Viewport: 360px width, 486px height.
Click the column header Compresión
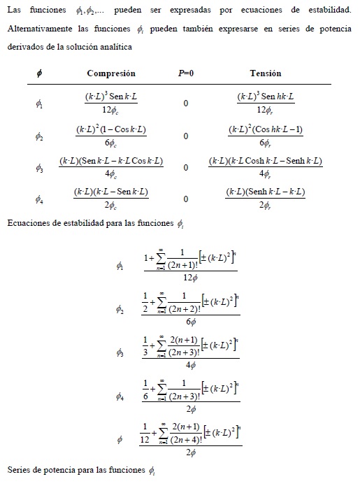(x=111, y=73)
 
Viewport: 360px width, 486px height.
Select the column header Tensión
(x=265, y=73)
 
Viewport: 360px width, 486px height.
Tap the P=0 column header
(x=186, y=73)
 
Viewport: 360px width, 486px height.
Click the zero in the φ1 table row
(x=186, y=103)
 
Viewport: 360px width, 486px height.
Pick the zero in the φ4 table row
(x=186, y=199)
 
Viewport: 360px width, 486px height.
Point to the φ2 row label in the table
(x=39, y=136)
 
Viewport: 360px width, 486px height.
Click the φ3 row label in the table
(x=39, y=167)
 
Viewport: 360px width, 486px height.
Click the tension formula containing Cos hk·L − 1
(x=265, y=136)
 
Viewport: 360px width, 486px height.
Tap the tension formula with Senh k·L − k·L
(x=265, y=199)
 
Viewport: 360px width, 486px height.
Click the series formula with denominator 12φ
(x=191, y=265)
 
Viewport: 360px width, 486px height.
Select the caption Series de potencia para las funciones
(x=75, y=468)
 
